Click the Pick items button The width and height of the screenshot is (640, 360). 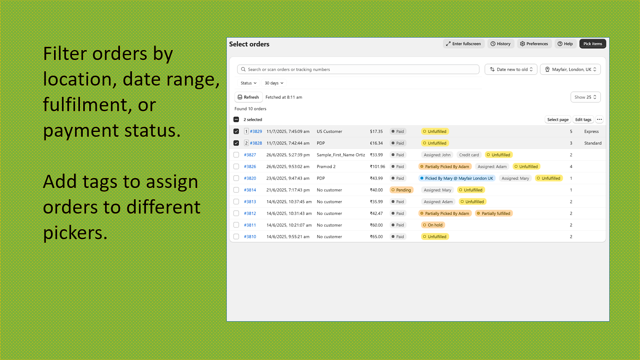point(592,44)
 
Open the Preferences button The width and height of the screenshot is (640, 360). point(534,44)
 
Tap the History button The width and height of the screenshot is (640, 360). point(500,44)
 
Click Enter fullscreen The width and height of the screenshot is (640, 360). point(464,44)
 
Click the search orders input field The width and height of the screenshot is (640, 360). point(358,70)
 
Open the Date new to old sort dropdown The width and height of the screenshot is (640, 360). point(511,70)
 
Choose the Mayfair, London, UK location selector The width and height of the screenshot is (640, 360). point(570,70)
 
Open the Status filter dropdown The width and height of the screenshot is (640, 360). point(248,83)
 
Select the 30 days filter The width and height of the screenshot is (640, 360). point(274,83)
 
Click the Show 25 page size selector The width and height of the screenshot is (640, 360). point(586,97)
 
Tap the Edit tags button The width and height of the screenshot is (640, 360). point(583,120)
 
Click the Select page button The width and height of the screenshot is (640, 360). point(558,120)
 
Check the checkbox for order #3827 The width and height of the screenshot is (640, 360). point(236,155)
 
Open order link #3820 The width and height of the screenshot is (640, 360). point(250,178)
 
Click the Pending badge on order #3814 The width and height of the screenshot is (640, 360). point(402,190)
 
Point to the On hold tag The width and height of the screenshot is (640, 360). point(433,225)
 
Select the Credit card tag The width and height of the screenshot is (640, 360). point(469,155)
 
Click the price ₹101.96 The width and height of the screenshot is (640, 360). point(378,166)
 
